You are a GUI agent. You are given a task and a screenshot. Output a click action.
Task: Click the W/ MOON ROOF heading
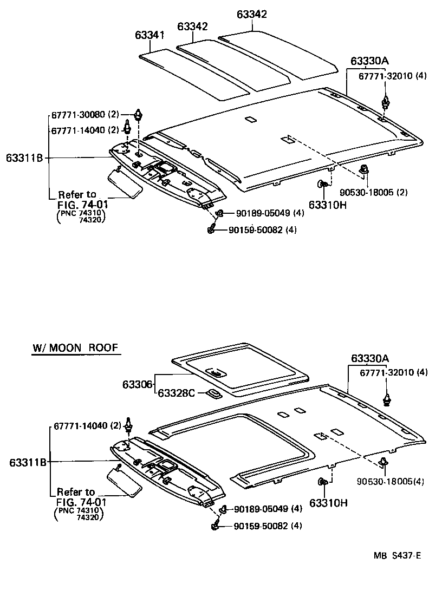click(x=74, y=347)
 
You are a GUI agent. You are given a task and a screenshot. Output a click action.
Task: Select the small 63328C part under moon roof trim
click(x=213, y=393)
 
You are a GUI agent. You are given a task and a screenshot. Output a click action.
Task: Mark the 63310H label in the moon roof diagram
click(x=328, y=503)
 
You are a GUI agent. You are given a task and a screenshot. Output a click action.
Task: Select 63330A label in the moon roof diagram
click(x=369, y=358)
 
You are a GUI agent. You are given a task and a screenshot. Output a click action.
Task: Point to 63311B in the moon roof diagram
click(x=27, y=462)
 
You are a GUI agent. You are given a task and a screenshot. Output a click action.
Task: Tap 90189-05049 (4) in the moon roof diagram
click(x=268, y=509)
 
